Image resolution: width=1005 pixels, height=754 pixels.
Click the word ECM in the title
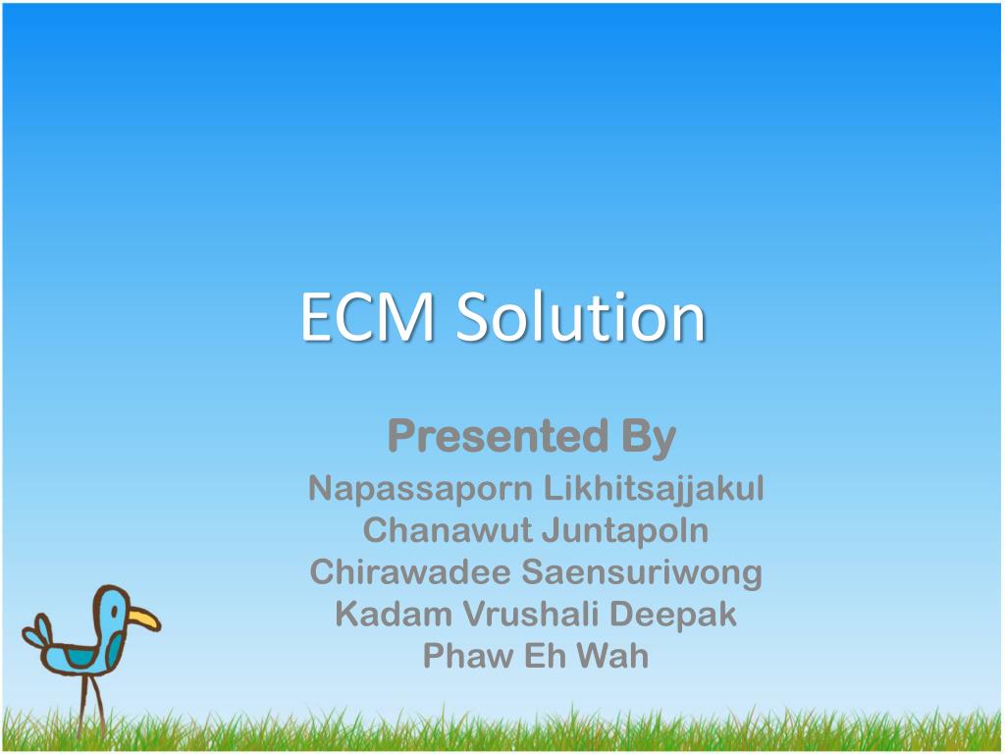(368, 316)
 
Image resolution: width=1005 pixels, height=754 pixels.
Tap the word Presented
(498, 436)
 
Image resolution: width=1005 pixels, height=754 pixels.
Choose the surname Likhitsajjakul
(654, 490)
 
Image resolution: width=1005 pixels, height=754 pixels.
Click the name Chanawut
(448, 531)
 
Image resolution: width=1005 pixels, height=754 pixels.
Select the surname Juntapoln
(625, 532)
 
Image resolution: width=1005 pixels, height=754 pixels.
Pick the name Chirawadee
(410, 572)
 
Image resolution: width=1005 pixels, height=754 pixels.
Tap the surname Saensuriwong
(642, 573)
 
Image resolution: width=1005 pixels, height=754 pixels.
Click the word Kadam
(394, 615)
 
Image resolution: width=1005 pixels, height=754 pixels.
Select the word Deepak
(673, 616)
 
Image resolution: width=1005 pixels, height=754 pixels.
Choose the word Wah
(612, 656)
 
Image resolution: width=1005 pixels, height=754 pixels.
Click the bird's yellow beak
(143, 619)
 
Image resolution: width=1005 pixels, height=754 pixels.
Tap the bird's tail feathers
(37, 631)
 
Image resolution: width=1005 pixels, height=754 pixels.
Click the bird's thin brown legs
(91, 706)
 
